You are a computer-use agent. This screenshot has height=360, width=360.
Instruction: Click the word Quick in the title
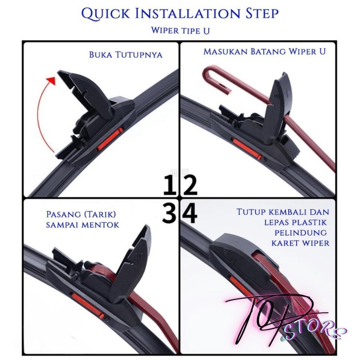105,13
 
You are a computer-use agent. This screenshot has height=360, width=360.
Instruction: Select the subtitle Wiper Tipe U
180,31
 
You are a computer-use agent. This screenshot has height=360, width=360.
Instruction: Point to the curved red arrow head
51,81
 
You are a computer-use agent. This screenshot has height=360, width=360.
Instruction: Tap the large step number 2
189,185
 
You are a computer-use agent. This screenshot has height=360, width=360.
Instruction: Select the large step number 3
169,213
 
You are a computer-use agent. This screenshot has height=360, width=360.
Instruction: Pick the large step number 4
189,213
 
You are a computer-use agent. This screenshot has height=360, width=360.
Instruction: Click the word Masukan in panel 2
225,51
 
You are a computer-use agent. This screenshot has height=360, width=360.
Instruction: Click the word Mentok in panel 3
100,225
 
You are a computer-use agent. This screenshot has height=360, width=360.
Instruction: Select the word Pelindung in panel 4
301,233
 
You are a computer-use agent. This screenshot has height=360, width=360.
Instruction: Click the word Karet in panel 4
285,243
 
